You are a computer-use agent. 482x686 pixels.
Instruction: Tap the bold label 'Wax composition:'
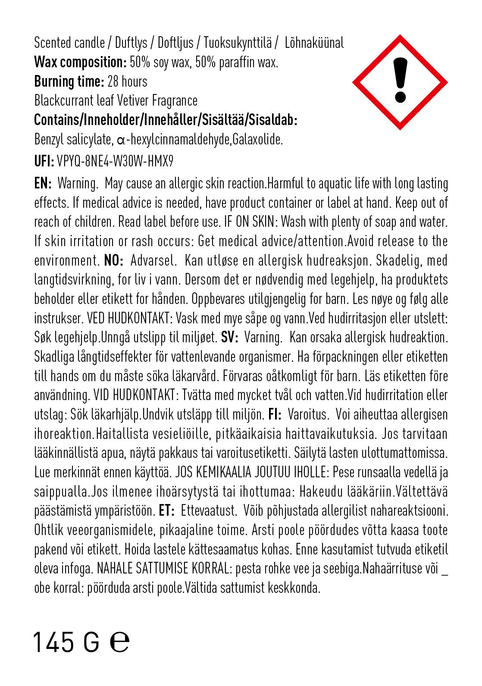coord(80,63)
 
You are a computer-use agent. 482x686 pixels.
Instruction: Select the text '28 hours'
coord(128,81)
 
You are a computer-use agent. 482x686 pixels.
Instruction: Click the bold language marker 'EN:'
coord(43,184)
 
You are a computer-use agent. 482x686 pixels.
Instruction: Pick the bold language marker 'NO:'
coord(114,261)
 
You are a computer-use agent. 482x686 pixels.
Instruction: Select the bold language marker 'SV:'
coord(230,338)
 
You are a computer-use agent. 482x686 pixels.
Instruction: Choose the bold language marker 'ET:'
coord(166,511)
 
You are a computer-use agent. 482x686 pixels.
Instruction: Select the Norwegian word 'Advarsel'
coord(153,261)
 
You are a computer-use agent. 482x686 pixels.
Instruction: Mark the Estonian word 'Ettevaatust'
coord(209,511)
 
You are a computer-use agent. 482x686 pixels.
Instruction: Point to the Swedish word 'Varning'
coord(263,338)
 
